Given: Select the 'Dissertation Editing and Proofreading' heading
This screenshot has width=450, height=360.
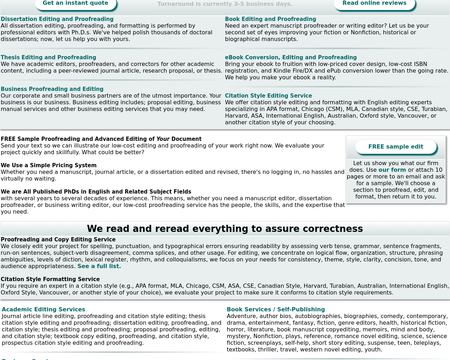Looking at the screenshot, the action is [x=57, y=18].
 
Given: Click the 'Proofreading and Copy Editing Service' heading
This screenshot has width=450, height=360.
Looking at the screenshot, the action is [x=58, y=240].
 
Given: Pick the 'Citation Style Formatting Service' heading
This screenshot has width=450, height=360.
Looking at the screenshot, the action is [x=50, y=278].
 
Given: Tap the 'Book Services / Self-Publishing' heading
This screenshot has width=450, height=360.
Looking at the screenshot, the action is [x=277, y=309].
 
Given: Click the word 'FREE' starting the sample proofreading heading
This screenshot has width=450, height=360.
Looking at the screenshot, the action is [x=9, y=138].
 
